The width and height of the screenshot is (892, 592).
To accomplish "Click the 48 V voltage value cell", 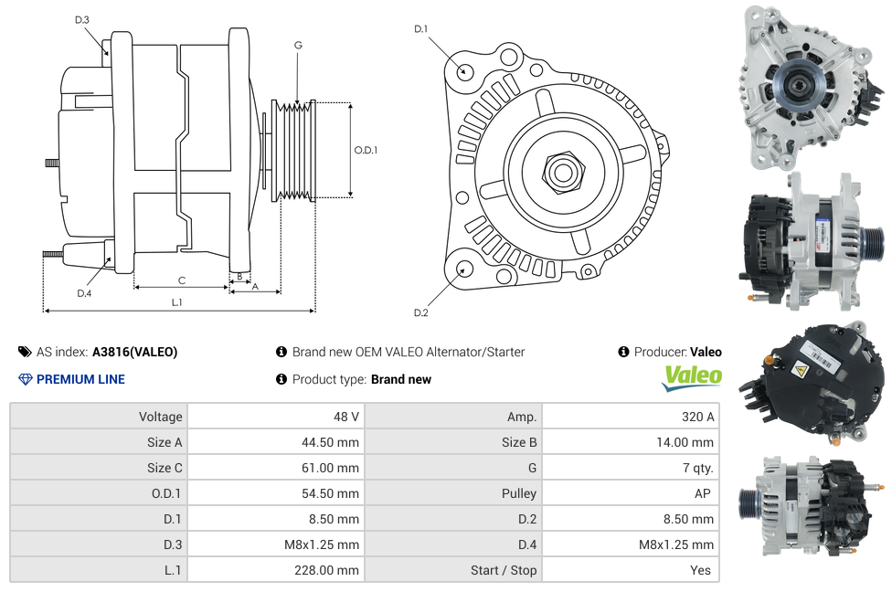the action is pos(345,417).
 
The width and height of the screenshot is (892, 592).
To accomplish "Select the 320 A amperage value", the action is pos(697,417).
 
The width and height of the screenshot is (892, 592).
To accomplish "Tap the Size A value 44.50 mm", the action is pos(330,442).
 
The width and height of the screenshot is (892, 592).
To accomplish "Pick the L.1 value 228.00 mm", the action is pos(326,570).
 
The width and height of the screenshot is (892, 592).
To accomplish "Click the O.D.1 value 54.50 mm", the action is pos(330,493).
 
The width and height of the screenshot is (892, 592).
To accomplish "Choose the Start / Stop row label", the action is pos(504,570).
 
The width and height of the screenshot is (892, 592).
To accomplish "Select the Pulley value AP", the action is pos(703,493).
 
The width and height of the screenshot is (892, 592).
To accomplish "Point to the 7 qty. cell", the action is pos(698,468).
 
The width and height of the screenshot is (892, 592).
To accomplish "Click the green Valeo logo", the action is pos(692,377).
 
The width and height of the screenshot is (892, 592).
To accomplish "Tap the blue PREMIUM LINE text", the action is pos(80,379).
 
